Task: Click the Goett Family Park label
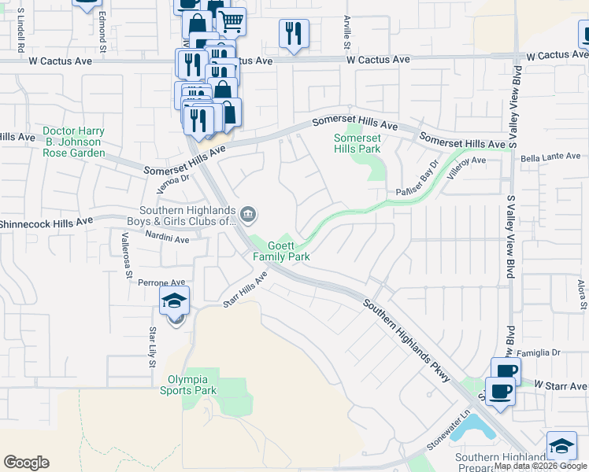pos(281,251)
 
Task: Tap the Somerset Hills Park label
pos(357,143)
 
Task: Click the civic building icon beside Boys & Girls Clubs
pos(247,213)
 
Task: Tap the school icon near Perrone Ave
pos(175,301)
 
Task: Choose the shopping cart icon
pos(231,21)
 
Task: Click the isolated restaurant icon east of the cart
pos(293,33)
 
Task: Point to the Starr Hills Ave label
pos(245,289)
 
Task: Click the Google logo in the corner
pos(26,463)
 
